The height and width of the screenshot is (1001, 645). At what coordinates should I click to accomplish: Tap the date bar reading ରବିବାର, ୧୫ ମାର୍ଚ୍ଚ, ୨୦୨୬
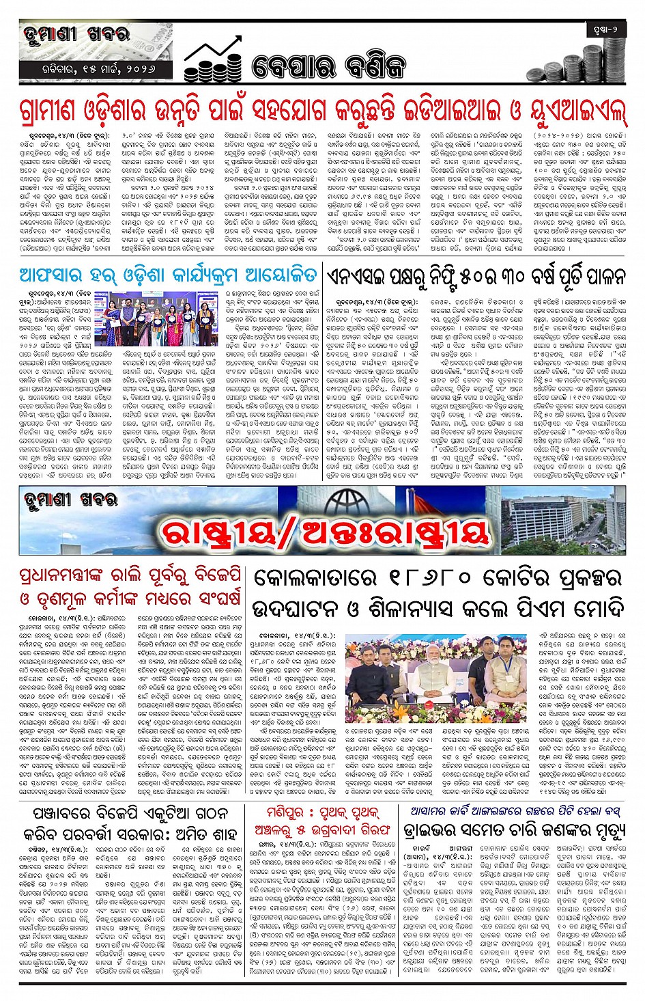(x=89, y=70)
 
